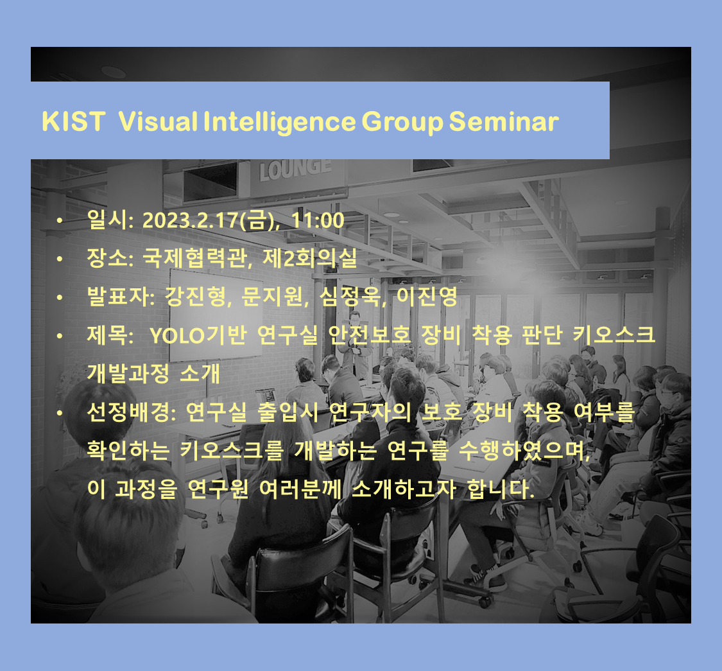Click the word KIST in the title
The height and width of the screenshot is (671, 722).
73,121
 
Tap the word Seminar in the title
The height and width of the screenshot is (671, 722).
504,121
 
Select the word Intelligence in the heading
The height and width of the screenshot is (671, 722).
280,123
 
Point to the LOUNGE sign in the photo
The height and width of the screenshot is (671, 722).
295,169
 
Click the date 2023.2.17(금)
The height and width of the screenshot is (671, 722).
211,220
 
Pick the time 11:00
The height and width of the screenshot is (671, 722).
318,220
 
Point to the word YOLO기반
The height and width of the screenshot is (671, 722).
198,335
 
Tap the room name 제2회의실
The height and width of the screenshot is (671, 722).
309,258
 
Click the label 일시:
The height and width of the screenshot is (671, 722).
110,220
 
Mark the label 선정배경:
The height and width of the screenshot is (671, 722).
132,412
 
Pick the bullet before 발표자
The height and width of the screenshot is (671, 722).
60,297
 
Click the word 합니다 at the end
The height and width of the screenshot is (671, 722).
501,489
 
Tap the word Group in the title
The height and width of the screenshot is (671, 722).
402,123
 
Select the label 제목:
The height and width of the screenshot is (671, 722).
110,335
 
